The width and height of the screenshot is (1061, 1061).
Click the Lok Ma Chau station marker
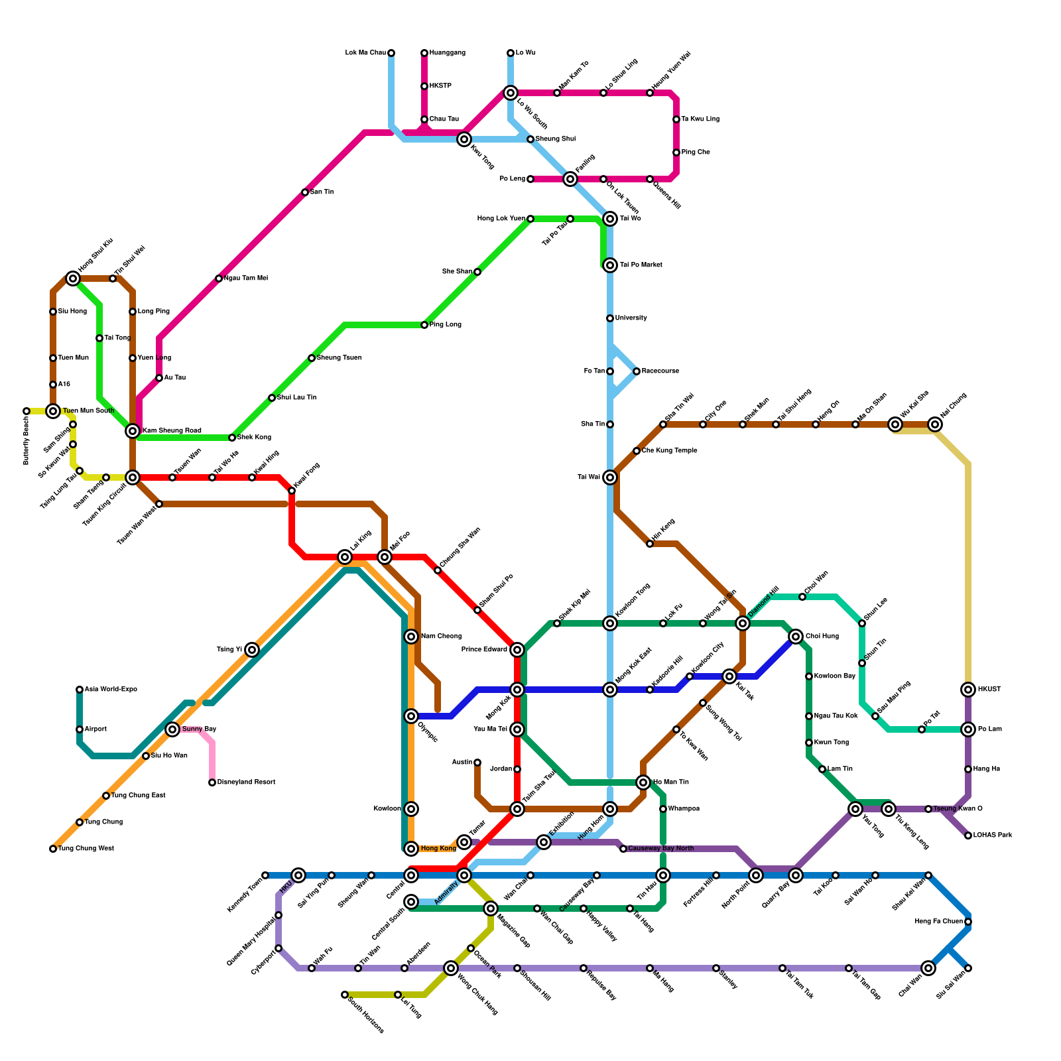coord(391,53)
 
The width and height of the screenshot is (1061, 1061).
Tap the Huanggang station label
coord(448,53)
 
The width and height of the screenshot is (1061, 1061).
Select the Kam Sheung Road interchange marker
coord(133,431)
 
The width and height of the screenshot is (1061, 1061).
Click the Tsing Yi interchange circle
coord(252,650)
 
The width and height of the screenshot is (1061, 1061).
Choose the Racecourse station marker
coord(637,371)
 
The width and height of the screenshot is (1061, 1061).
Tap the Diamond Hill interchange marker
coord(743,623)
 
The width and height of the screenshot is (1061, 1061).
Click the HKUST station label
coord(989,690)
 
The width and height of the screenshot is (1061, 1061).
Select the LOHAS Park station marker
coord(968,836)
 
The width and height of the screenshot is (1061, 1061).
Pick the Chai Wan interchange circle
coord(928,968)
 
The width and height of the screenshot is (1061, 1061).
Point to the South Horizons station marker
coord(345,995)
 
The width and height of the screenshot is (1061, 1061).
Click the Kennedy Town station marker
coord(265,875)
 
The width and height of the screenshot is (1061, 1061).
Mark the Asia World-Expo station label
coord(111,690)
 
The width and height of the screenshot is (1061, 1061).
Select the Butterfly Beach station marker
coord(27,411)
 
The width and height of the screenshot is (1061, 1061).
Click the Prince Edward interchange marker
coord(517,650)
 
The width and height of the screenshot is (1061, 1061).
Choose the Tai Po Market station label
coord(641,265)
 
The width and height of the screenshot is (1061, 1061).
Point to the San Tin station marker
coord(305,192)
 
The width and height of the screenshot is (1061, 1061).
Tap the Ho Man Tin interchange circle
coord(643,782)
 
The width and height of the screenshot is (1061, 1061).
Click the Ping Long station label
coord(446,325)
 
